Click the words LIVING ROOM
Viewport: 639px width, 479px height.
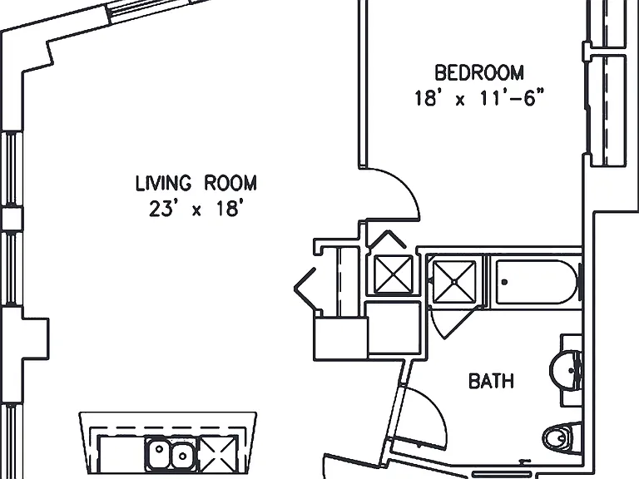click(x=196, y=183)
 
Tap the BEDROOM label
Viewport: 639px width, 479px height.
click(x=479, y=72)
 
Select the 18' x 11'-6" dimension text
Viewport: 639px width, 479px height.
click(x=479, y=98)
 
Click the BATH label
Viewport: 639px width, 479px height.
click(x=491, y=381)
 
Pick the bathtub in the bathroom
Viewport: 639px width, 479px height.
click(x=537, y=282)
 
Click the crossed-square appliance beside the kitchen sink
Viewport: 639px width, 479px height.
click(x=219, y=452)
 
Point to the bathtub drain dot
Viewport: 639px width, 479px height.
click(x=504, y=282)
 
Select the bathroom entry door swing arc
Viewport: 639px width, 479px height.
click(x=433, y=407)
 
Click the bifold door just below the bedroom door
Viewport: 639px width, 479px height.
click(x=386, y=239)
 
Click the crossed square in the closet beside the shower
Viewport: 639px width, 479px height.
click(x=393, y=274)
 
